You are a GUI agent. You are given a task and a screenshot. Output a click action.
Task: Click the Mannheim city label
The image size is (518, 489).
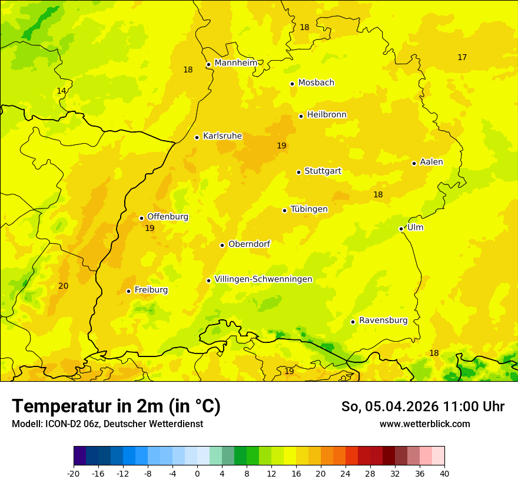tap(235, 63)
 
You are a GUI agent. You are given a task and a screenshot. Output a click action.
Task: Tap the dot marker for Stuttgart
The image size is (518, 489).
tap(298, 172)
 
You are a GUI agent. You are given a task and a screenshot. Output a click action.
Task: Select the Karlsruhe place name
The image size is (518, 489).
tap(222, 136)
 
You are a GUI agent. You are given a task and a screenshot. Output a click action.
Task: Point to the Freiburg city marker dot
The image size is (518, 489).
tap(128, 291)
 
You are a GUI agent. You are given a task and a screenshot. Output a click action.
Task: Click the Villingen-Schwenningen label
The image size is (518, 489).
tap(263, 279)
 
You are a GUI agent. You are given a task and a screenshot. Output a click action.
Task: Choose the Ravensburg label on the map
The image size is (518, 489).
tap(383, 321)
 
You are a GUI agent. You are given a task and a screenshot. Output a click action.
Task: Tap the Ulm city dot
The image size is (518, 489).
tap(401, 229)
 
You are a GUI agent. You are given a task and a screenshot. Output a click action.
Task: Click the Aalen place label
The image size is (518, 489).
tap(431, 162)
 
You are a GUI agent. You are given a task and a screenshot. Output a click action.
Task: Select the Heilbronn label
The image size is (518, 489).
tap(326, 115)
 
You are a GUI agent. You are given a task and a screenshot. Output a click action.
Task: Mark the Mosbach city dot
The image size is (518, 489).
tap(292, 84)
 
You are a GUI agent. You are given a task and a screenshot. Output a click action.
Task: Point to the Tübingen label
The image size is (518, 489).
tap(308, 209)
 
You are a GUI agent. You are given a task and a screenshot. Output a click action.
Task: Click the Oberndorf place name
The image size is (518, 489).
tap(249, 244)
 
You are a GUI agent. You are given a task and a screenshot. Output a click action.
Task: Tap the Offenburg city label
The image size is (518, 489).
tap(167, 217)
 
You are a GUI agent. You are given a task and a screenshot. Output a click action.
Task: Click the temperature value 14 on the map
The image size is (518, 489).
tap(61, 91)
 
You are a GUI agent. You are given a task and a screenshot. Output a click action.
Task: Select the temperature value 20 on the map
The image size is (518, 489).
tap(63, 286)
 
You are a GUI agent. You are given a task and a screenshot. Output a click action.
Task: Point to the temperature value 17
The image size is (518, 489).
tap(462, 57)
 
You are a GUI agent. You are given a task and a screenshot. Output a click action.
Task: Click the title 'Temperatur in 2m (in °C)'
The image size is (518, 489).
tap(116, 407)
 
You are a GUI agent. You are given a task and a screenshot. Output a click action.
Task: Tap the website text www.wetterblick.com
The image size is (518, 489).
tap(424, 424)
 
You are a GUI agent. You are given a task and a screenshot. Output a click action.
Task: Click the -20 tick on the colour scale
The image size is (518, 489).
tap(74, 473)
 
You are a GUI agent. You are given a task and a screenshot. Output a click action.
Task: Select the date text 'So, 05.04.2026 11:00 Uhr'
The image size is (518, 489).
tap(423, 407)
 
